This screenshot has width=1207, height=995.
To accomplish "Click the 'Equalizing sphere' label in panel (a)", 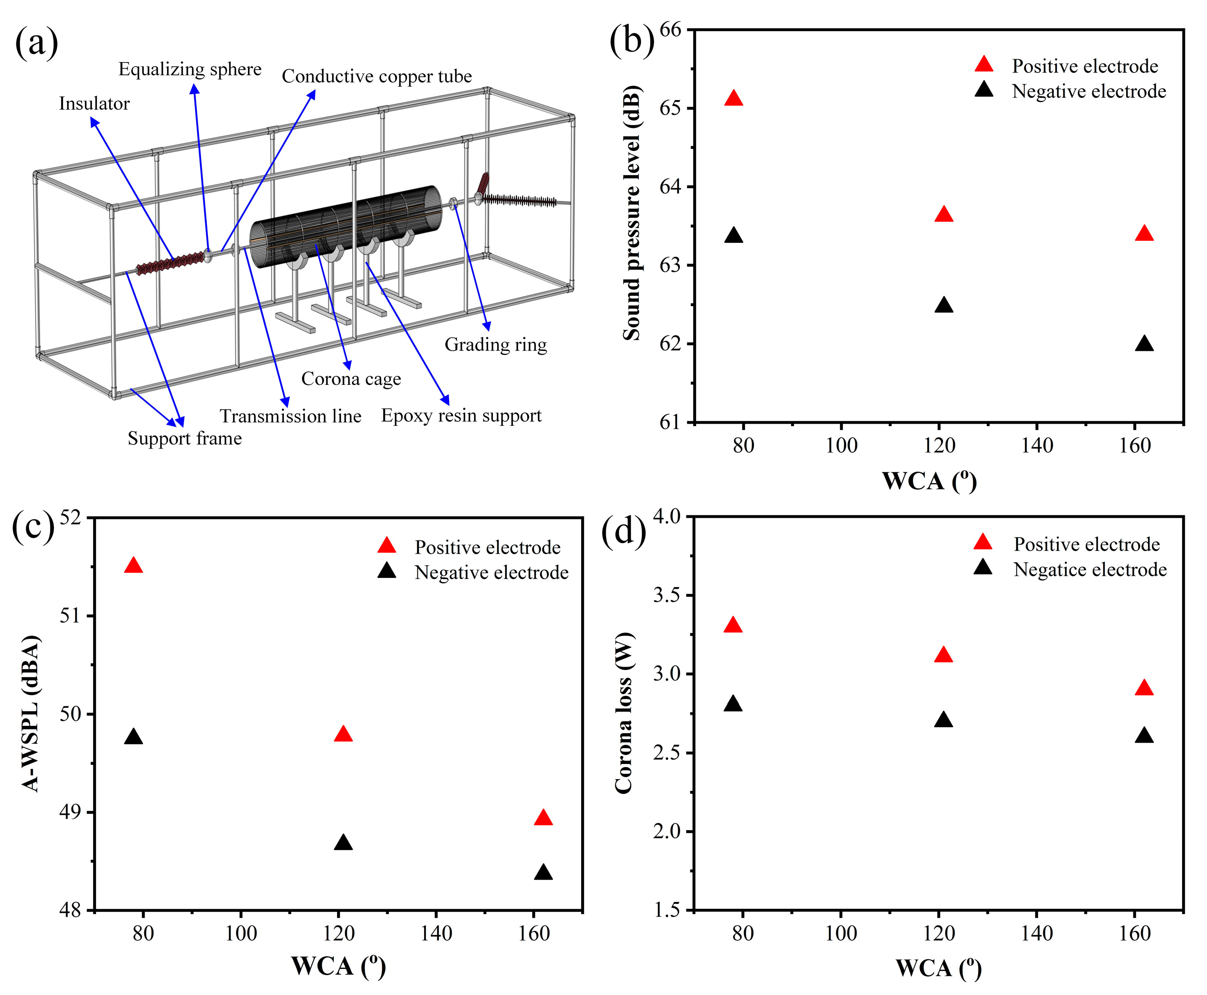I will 190,70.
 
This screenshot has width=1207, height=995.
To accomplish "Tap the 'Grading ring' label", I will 496,344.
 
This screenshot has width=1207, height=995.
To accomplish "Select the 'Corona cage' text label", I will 351,379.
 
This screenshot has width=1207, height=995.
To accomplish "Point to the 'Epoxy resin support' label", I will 461,416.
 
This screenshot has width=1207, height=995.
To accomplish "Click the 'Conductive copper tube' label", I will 377,76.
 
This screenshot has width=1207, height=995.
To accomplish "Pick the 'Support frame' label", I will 184,438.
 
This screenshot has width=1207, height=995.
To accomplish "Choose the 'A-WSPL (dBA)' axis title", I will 31,714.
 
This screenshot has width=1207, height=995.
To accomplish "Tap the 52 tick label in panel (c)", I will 71,518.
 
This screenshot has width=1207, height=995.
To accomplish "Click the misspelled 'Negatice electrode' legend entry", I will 1090,570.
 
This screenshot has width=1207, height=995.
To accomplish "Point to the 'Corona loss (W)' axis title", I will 624,714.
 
